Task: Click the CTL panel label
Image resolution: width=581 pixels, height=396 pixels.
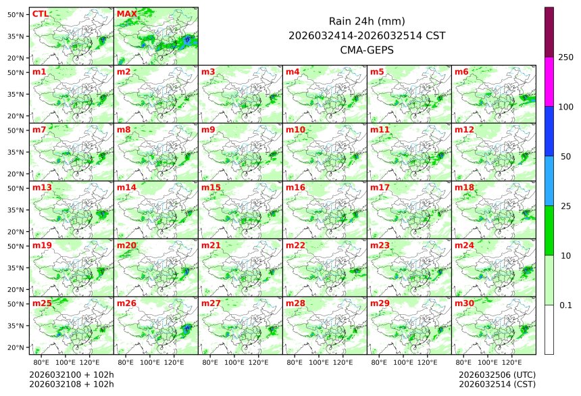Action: pyautogui.click(x=41, y=14)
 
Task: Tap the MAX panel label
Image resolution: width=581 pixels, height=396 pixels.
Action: pyautogui.click(x=127, y=14)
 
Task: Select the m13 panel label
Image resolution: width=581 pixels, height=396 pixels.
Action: pyautogui.click(x=42, y=187)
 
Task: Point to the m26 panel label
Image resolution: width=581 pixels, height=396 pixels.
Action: pyautogui.click(x=127, y=303)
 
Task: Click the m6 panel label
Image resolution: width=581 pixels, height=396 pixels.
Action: pyautogui.click(x=462, y=72)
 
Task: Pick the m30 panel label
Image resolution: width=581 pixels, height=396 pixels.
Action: pyautogui.click(x=464, y=303)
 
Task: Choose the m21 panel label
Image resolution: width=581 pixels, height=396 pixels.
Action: pyautogui.click(x=211, y=245)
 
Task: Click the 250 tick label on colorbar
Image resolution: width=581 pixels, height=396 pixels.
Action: pyautogui.click(x=565, y=57)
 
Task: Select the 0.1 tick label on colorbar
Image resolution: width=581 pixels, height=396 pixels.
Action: pyautogui.click(x=565, y=305)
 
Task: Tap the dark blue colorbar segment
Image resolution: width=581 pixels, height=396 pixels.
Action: pyautogui.click(x=549, y=131)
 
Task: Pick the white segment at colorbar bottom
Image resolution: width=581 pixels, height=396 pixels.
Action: pyautogui.click(x=549, y=329)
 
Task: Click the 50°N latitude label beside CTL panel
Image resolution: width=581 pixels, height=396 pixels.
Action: pyautogui.click(x=16, y=14)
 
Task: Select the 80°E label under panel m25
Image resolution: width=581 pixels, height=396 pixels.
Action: pyautogui.click(x=50, y=362)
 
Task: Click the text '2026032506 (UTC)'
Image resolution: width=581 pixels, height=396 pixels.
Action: pyautogui.click(x=497, y=374)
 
